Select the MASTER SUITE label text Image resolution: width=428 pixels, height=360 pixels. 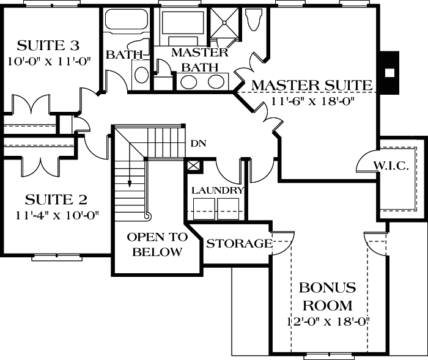(x=312, y=85)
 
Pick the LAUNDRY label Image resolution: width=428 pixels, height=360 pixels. (x=218, y=191)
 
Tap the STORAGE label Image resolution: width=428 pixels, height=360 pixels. (x=239, y=244)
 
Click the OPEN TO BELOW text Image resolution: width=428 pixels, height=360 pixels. (x=157, y=244)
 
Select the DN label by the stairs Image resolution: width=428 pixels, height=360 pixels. (x=197, y=144)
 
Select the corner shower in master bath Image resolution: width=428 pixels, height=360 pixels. (x=226, y=25)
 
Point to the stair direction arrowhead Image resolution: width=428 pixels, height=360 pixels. (x=130, y=182)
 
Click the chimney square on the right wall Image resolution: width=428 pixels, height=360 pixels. (x=389, y=71)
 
